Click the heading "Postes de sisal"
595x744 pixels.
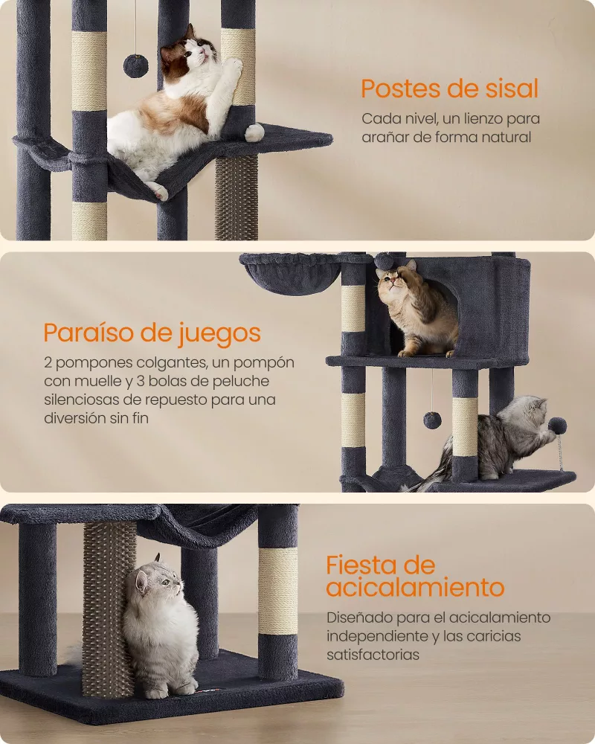[450, 89]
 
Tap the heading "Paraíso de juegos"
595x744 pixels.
[152, 333]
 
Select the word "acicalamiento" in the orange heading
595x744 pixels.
[415, 588]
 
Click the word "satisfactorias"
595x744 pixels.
[373, 655]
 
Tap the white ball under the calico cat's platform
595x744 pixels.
[254, 132]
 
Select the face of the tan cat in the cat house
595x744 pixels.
[392, 281]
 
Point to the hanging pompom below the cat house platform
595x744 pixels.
[432, 420]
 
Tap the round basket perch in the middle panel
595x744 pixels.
[290, 273]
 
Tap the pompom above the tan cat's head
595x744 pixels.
[382, 260]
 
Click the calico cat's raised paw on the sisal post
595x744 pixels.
[234, 67]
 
